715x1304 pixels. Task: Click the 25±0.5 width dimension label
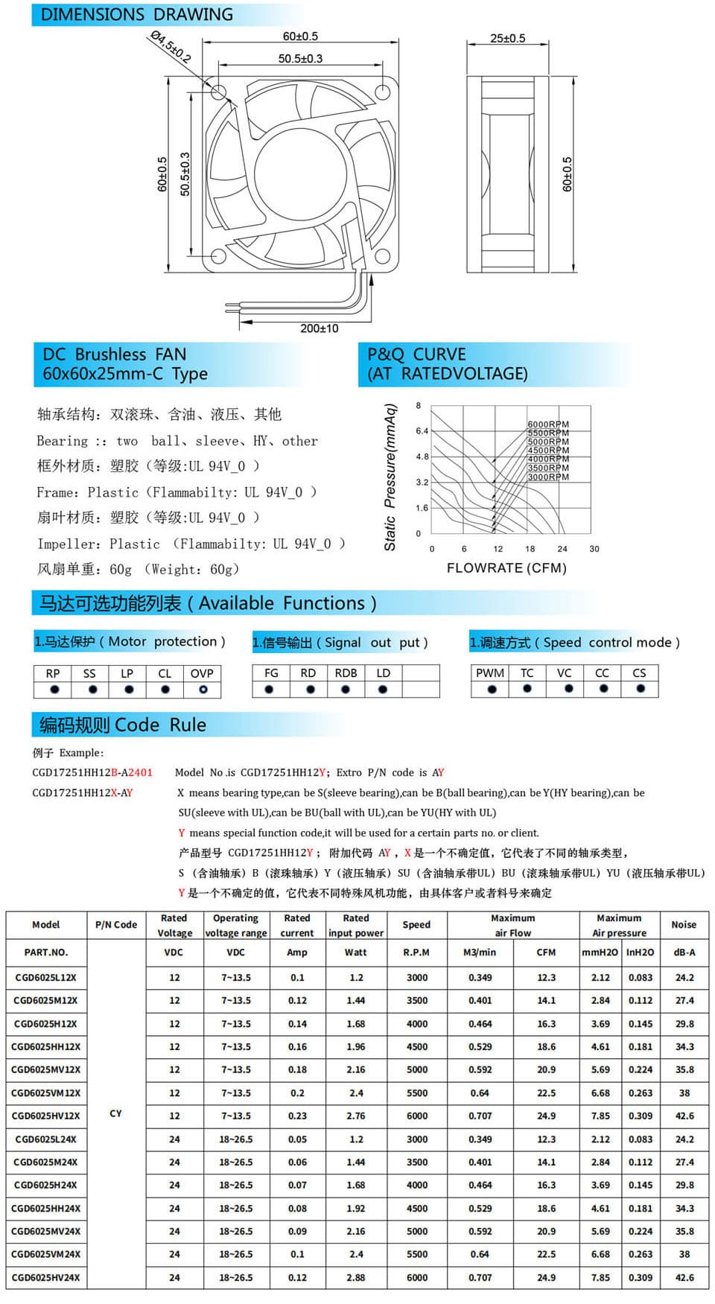coord(507,38)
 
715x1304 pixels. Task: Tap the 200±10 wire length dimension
coord(319,328)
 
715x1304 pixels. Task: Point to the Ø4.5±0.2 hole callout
coord(171,46)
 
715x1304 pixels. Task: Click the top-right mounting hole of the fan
coord(383,92)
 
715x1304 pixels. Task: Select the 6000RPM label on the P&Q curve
coord(548,424)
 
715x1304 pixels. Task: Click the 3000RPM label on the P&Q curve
coord(548,477)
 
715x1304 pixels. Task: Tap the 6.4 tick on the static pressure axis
coord(422,431)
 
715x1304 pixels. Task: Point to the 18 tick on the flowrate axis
coord(530,549)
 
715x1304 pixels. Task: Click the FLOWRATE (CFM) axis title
coord(506,568)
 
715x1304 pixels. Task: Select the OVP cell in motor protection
coord(202,673)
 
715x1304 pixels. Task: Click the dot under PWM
coord(492,689)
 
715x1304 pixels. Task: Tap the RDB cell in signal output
coord(346,673)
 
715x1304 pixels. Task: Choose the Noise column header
coord(684,925)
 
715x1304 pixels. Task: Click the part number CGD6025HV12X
coord(45,1116)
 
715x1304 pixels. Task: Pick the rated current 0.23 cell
coord(297,1116)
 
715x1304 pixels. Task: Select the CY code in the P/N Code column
coord(115,1113)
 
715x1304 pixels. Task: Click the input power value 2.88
coord(356,1277)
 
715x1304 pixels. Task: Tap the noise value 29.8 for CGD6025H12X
coord(684,1024)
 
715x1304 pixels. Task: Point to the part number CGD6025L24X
coord(45,1139)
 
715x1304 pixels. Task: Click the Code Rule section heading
coord(123,725)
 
